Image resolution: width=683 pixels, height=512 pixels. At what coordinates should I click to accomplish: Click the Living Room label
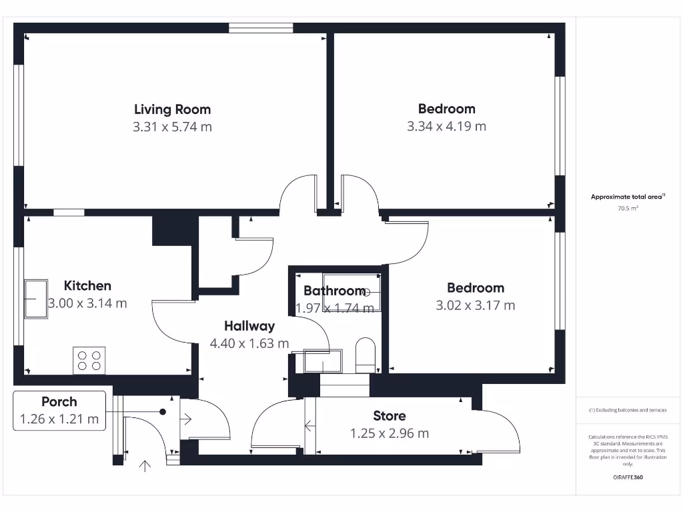coord(172,109)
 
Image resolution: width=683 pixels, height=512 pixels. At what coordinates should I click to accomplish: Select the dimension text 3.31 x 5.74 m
coord(172,127)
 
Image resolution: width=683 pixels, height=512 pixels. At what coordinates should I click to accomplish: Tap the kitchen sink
coord(35,299)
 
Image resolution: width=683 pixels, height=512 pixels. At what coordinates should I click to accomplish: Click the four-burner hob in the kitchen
coord(89,361)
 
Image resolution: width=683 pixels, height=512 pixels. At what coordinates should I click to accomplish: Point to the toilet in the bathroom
coord(366,355)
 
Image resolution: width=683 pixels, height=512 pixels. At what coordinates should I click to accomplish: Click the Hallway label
coord(249,326)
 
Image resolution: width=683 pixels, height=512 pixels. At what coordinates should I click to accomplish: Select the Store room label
coord(389,416)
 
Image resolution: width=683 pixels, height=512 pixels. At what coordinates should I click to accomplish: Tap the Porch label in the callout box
coord(59,401)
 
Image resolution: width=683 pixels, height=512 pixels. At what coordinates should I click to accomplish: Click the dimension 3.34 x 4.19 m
coord(446,126)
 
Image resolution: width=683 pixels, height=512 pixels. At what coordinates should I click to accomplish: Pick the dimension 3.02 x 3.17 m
coord(475,305)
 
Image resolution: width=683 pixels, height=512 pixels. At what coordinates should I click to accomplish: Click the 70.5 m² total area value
coord(628,209)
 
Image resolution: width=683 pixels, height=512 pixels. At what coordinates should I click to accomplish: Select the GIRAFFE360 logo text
coord(628,477)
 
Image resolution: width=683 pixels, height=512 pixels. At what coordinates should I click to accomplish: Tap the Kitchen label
coord(87,285)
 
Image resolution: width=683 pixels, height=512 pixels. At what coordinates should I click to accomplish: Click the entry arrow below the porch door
coord(144,465)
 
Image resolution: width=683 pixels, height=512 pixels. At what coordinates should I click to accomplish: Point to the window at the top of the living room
coord(260,28)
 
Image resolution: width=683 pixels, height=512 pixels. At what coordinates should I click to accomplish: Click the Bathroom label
coord(334,291)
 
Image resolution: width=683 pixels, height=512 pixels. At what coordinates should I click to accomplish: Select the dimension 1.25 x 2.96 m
coord(390,433)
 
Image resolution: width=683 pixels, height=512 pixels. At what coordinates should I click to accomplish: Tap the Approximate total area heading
coord(628,197)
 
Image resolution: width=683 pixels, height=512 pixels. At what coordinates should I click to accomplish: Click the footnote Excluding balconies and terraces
coord(628,410)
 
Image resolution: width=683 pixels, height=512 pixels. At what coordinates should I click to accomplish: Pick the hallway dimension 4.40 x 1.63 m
coord(249,344)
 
